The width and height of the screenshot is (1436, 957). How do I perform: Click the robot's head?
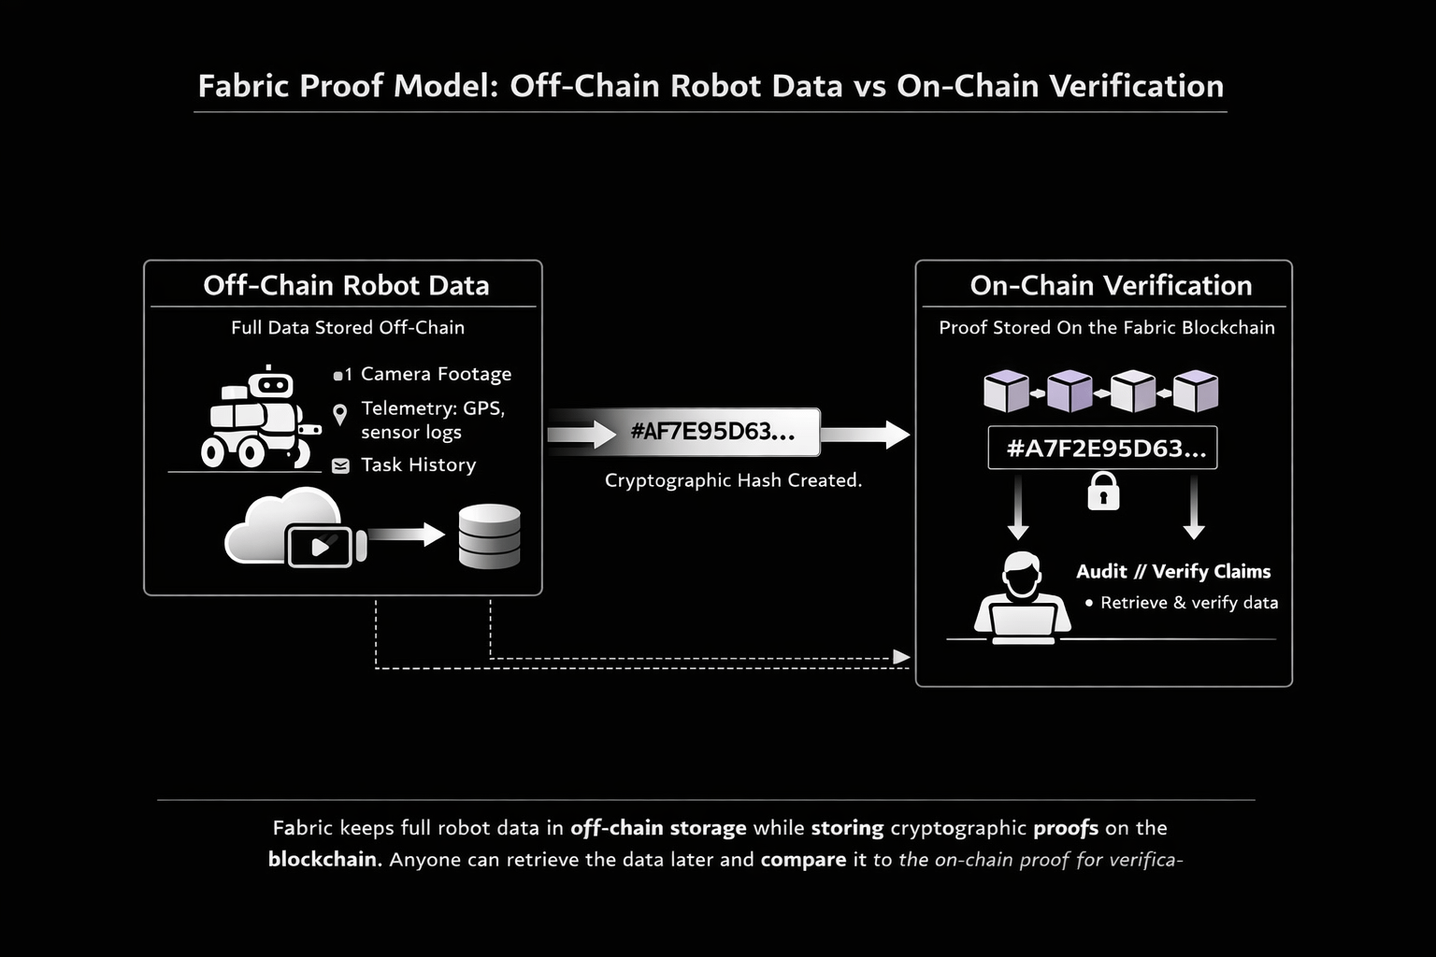271,383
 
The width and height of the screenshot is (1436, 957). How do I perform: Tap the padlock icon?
1103,491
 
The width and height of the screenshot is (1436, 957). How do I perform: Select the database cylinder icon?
489,536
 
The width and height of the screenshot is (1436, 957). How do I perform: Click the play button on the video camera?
320,546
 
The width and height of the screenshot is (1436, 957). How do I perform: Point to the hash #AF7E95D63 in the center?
712,432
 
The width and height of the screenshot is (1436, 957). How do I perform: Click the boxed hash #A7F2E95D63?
1102,448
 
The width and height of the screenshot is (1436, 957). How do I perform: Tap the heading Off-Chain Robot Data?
346,285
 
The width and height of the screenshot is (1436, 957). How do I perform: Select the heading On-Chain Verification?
1111,285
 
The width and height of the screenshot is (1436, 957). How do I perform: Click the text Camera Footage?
436,374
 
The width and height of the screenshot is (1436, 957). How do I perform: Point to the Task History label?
418,464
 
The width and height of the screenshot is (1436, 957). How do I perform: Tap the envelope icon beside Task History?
340,465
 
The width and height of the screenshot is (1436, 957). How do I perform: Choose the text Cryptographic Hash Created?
733,480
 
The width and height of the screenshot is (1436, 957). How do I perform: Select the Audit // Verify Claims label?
1172,571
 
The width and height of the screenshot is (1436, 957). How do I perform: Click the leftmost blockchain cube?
1006,391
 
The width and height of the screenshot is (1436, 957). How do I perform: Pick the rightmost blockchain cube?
1196,391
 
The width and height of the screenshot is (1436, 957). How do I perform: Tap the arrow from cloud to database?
406,535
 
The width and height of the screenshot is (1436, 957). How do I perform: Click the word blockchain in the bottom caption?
323,859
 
